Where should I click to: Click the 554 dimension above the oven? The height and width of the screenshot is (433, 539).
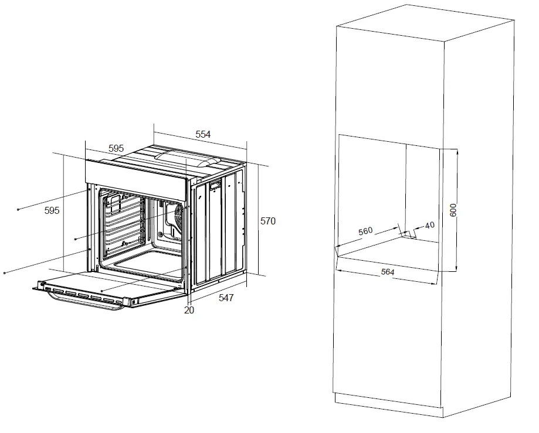point(202,134)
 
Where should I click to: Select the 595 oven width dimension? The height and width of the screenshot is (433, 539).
point(116,149)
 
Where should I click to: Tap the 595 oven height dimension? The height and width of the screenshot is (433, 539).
point(52,210)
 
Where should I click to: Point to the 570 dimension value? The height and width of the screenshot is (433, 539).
point(267,221)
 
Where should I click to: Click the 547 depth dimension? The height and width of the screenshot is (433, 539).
point(226,298)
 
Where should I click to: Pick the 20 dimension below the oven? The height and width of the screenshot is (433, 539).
point(189,311)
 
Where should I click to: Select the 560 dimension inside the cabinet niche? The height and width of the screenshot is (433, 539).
point(365,230)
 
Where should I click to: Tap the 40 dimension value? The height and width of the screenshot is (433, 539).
point(429,225)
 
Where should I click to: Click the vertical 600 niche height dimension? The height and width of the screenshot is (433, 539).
point(453,209)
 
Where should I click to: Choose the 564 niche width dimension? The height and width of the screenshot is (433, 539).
point(387,272)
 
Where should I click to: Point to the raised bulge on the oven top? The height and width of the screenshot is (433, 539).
point(184,157)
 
